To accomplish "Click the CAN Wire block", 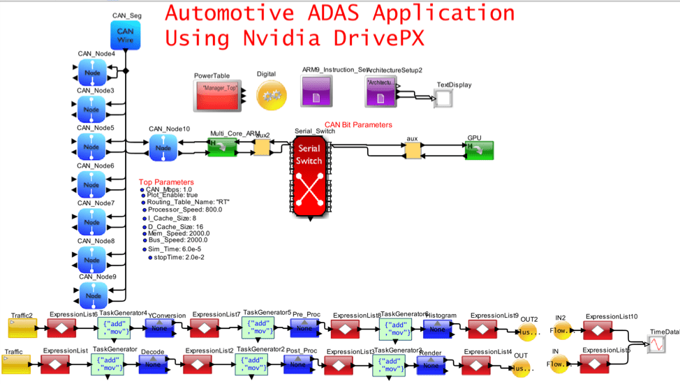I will (x=125, y=36).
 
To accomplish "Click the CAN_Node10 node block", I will (x=163, y=147).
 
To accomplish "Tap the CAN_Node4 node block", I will (x=91, y=72).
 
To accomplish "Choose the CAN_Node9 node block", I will (x=91, y=295).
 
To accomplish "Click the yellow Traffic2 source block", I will (x=22, y=327).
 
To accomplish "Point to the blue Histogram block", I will (x=437, y=329).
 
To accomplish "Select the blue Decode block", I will (x=152, y=364).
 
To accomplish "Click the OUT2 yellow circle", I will (x=528, y=332).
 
